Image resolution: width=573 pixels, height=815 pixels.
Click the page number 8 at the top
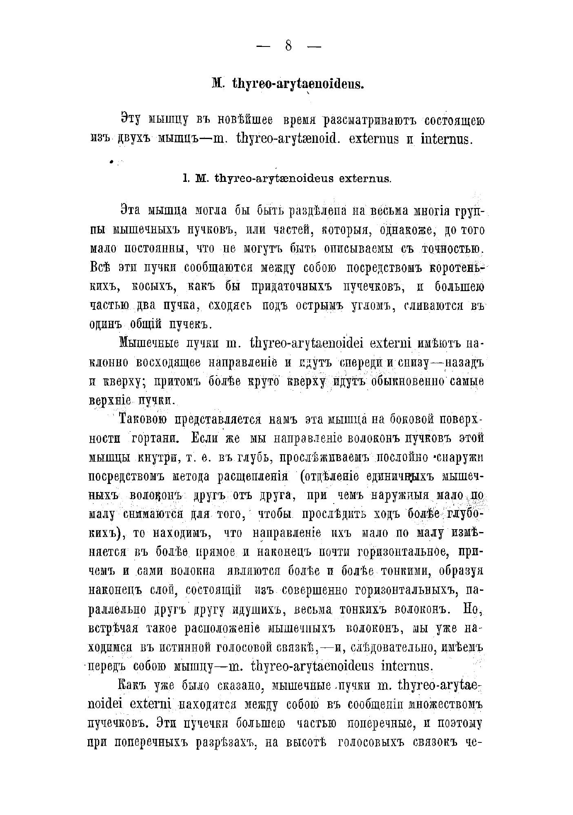coord(289,46)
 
